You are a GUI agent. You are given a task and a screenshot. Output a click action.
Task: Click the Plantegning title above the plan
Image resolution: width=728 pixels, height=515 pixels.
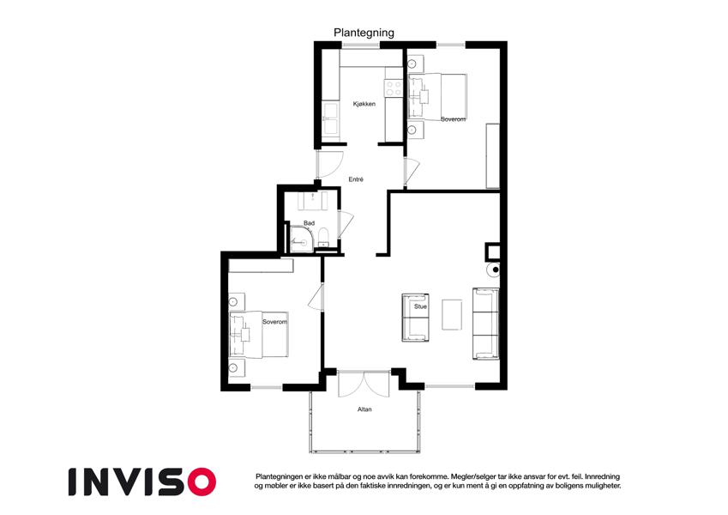[364, 33]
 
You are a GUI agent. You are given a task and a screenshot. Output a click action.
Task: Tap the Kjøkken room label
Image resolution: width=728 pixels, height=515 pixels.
[364, 104]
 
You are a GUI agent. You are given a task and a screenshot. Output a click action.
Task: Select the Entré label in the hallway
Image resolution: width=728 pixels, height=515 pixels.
[356, 179]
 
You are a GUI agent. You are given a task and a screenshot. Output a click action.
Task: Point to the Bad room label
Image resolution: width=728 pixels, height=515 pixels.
[310, 223]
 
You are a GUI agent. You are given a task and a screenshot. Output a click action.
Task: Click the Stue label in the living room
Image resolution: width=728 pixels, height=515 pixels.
[420, 306]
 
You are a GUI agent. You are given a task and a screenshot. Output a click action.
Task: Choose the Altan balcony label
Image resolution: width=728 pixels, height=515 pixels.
[364, 409]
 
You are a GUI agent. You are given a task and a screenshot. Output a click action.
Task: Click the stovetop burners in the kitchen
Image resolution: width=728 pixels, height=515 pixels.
[394, 88]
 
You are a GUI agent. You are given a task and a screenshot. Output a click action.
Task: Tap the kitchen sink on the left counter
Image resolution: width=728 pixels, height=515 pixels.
[330, 118]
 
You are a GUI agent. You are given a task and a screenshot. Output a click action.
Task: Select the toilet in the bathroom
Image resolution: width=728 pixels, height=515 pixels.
[323, 237]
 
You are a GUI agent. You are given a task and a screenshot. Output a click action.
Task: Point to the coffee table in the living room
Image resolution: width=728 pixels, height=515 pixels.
[452, 315]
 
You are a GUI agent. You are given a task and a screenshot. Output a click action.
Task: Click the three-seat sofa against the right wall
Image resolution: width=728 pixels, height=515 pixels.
[485, 324]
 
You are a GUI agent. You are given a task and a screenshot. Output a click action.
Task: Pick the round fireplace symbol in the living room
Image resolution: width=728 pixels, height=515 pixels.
[493, 270]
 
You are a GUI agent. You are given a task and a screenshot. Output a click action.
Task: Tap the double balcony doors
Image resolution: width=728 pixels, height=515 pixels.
[364, 384]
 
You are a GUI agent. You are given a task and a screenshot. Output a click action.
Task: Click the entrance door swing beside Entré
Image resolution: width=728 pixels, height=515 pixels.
[328, 164]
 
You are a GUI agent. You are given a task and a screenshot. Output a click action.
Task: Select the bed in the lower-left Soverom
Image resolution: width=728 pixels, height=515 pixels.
[259, 334]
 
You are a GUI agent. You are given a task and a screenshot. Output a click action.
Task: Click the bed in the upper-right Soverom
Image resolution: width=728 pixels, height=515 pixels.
[437, 97]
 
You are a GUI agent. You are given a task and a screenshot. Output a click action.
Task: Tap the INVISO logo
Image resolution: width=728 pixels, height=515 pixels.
[142, 482]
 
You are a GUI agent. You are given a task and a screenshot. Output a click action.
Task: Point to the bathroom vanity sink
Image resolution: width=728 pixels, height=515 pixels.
[312, 200]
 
